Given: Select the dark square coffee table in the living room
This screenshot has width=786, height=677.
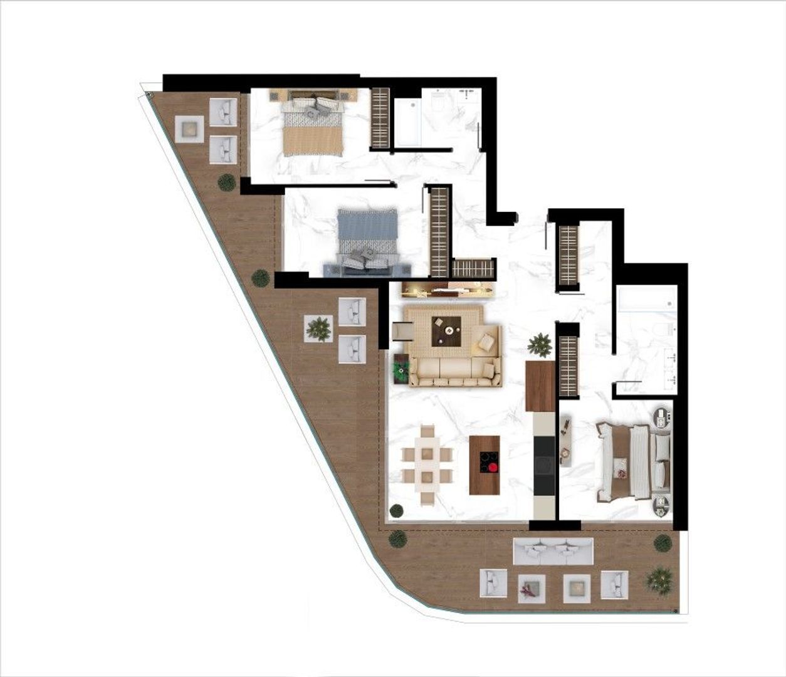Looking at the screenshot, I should pos(446,330).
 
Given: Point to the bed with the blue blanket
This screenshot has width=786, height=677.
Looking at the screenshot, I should pos(367,232).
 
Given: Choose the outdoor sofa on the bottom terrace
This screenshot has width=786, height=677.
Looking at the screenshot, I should pos(552,550).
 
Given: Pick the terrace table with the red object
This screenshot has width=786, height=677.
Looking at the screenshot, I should pos(532,589).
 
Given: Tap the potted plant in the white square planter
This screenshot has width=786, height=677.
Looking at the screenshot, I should pos(319,328).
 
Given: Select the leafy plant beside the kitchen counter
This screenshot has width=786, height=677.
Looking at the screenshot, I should pos(539,345).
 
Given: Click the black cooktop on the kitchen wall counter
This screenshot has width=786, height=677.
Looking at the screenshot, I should pos(545,464).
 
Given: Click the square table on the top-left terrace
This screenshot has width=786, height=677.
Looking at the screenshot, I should pos(189,129).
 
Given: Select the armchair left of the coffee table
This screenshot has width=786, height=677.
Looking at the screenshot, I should pos(402,330).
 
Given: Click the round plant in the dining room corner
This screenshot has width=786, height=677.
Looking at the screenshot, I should pos(396,510).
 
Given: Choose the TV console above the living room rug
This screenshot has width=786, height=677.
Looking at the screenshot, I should pos(449,289).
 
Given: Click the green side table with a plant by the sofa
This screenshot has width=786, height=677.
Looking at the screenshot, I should pos(401,369).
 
